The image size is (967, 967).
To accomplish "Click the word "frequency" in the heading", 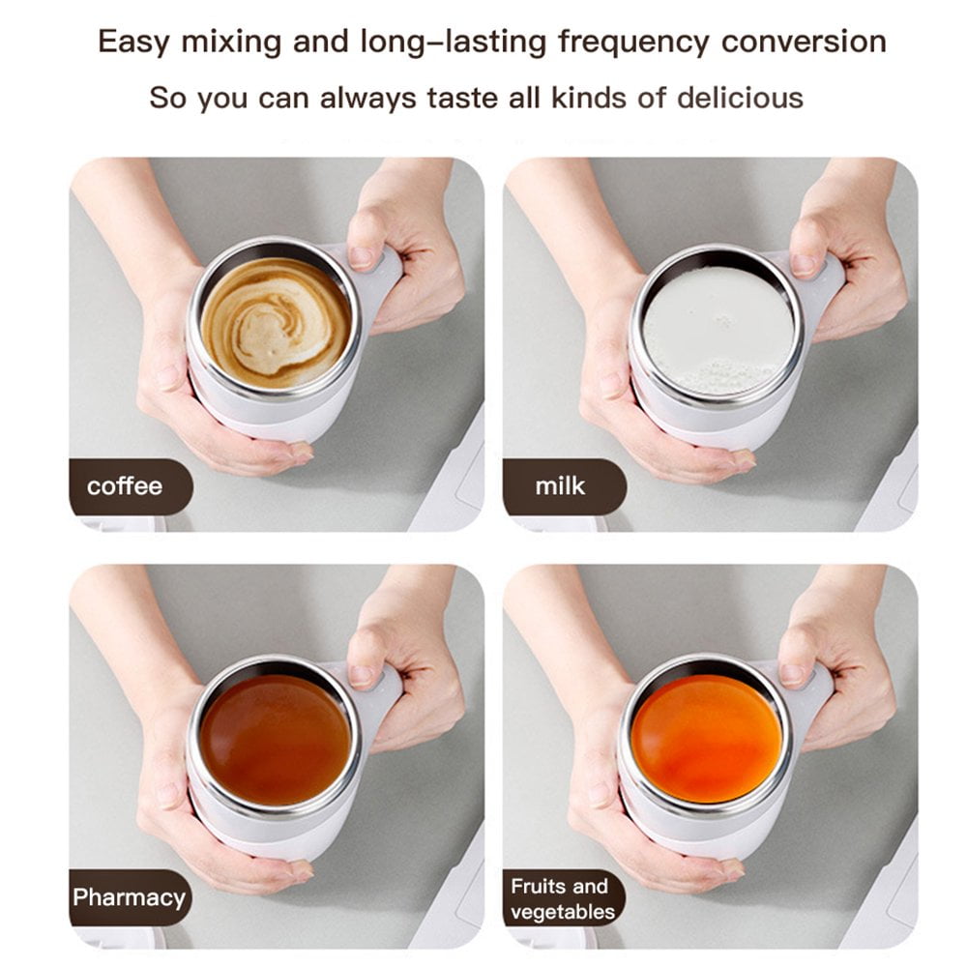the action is pos(633,44).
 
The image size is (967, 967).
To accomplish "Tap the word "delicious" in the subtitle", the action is pos(740,98).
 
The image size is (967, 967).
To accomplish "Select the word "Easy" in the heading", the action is pos(133,44).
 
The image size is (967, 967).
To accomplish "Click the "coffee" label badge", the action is pos(131,486).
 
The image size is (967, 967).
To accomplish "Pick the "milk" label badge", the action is pos(565,486).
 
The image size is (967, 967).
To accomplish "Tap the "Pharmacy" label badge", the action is pos(131,897).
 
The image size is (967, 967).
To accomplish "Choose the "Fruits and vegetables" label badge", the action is pos(564,898).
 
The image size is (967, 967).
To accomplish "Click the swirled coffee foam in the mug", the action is pos(276,323).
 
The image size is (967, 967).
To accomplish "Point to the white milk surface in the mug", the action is pos(718,331).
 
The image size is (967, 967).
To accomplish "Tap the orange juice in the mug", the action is pos(707,739).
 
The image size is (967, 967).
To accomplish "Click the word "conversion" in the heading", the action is pos(804,42).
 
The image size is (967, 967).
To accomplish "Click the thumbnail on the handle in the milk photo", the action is pos(804,265).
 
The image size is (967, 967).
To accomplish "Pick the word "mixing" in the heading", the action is pos(231,44).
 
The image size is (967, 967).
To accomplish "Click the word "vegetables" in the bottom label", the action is pos(563,912).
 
